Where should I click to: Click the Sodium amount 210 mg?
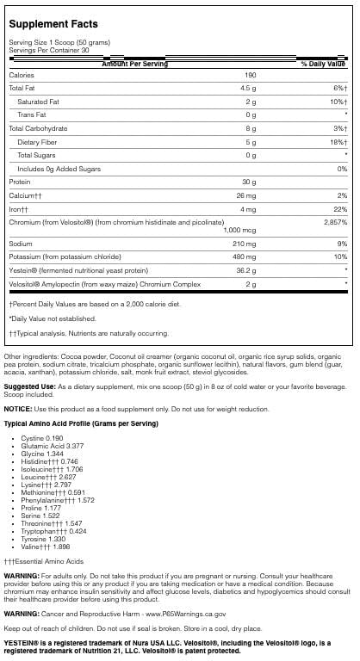(249, 244)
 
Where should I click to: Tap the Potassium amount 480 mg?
(249, 256)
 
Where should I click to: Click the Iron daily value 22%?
(340, 207)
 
